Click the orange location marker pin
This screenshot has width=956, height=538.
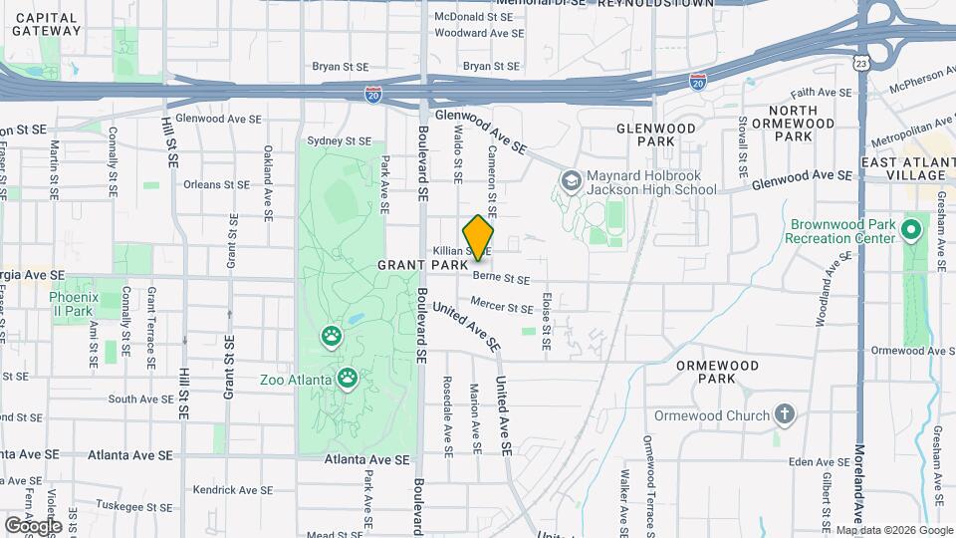479,237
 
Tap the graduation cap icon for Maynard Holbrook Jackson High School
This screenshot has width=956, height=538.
572,180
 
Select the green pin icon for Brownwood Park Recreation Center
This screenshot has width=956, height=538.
911,231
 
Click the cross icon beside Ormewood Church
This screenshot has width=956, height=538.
785,414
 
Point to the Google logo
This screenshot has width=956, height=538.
33,525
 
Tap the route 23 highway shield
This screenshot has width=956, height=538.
859,63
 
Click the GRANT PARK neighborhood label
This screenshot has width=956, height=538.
416,266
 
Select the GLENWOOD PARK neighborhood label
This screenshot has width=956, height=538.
655,129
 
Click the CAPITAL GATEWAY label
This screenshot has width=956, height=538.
47,24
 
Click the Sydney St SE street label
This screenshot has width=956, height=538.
339,141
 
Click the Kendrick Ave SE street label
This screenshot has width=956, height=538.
232,490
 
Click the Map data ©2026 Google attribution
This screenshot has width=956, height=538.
893,530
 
